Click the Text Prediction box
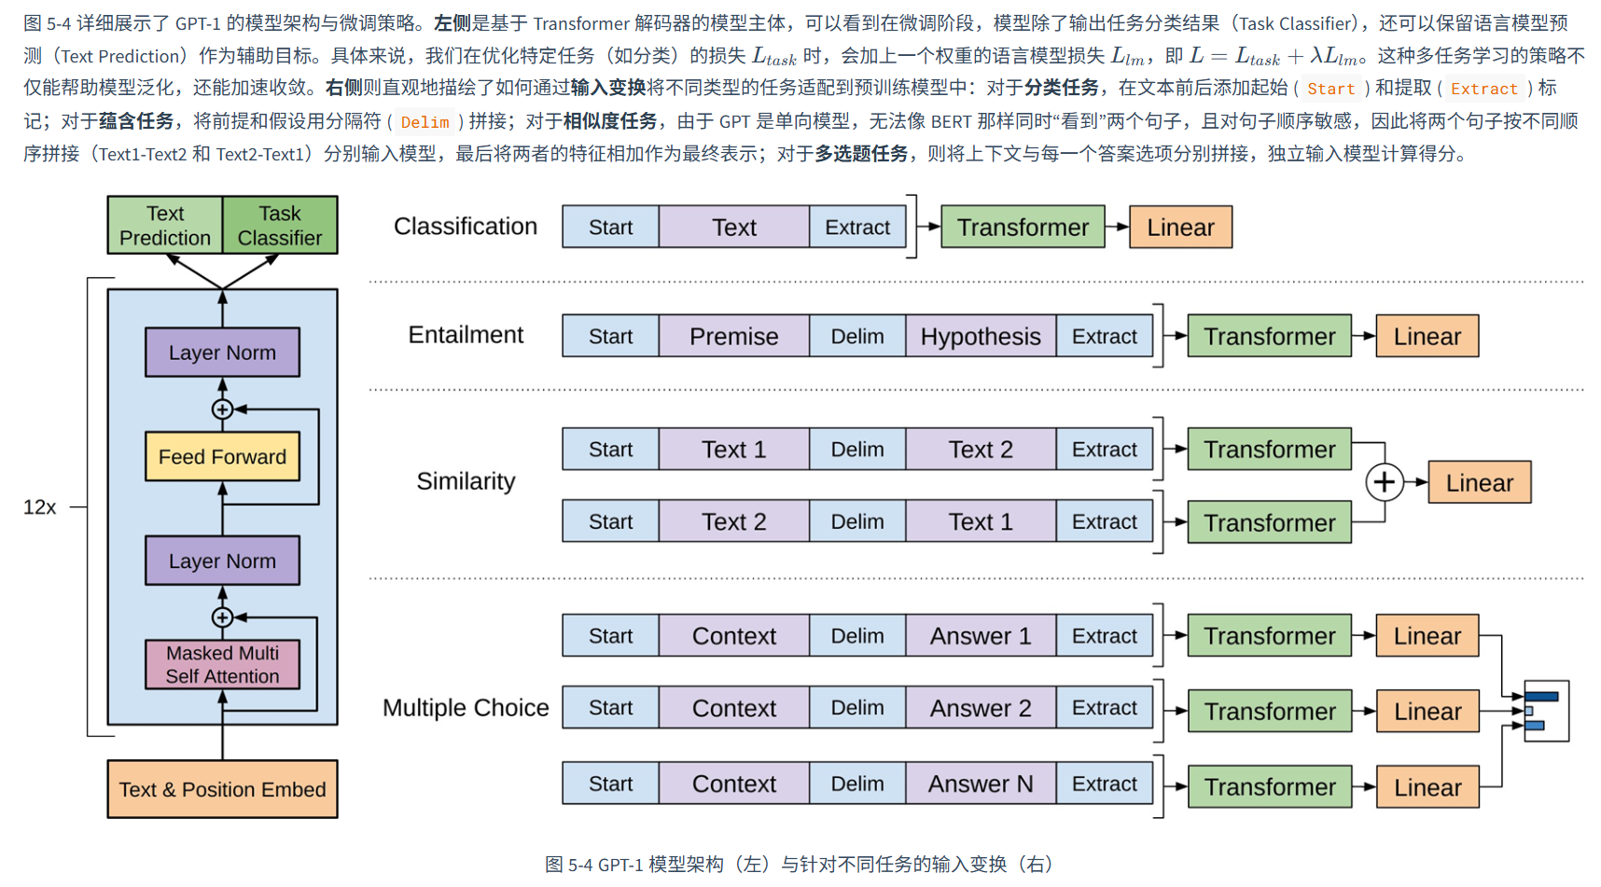[x=165, y=226]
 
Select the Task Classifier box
[x=280, y=226]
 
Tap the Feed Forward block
[x=222, y=457]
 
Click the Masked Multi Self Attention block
[x=222, y=664]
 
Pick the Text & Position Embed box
[x=222, y=790]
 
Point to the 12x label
[x=39, y=507]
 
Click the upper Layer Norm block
[x=222, y=353]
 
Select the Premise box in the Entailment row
[x=733, y=337]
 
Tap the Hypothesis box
[x=980, y=337]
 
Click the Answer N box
[x=980, y=784]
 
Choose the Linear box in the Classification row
[x=1180, y=228]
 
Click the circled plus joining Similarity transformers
[x=1385, y=482]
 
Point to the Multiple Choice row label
[x=466, y=708]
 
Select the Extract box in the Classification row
[x=856, y=228]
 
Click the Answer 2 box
[x=980, y=709]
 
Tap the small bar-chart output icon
[x=1546, y=711]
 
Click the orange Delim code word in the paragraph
[x=425, y=122]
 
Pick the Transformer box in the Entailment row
[x=1269, y=337]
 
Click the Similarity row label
[x=466, y=481]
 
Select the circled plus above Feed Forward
[x=222, y=409]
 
